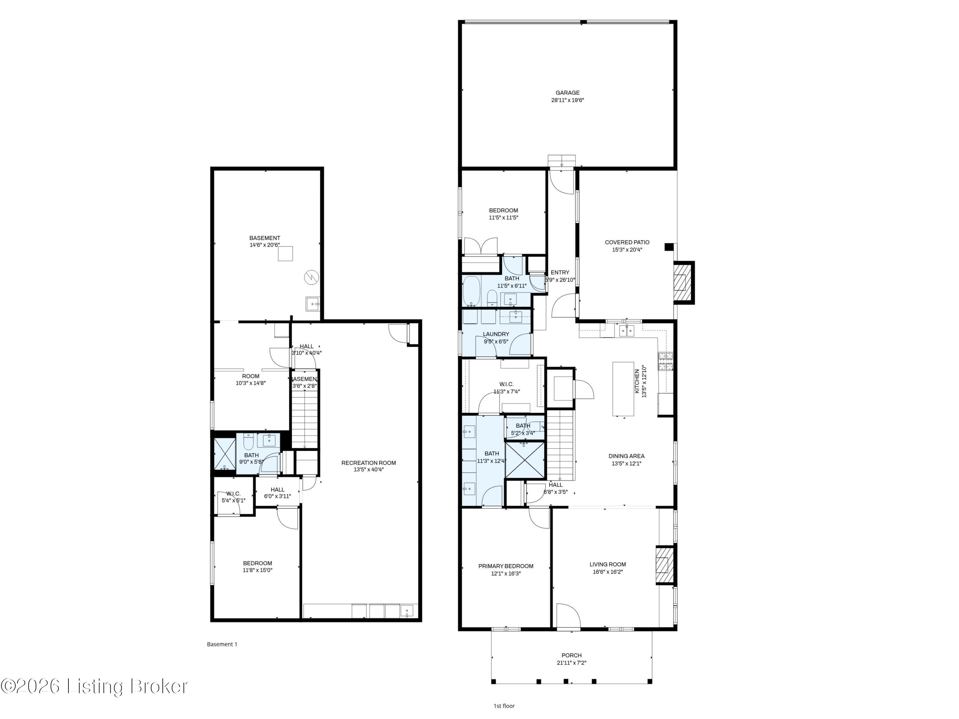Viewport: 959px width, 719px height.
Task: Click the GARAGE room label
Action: pyautogui.click(x=567, y=93)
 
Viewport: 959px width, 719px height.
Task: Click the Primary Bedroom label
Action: pyautogui.click(x=505, y=566)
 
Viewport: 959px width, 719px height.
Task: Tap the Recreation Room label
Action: pyautogui.click(x=369, y=463)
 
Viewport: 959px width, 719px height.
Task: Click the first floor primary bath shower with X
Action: pyautogui.click(x=525, y=459)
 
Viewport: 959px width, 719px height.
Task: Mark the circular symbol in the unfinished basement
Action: pyautogui.click(x=311, y=277)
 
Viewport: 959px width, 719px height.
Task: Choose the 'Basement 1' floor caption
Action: pyautogui.click(x=222, y=644)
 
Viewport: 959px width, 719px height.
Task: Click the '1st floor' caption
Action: pyautogui.click(x=504, y=706)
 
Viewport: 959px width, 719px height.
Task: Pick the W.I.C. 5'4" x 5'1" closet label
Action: pyautogui.click(x=233, y=494)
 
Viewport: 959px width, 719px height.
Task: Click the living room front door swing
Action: pyautogui.click(x=567, y=615)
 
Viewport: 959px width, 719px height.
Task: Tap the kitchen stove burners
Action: pyautogui.click(x=666, y=361)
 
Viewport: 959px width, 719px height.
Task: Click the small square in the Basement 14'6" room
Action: pyautogui.click(x=285, y=253)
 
